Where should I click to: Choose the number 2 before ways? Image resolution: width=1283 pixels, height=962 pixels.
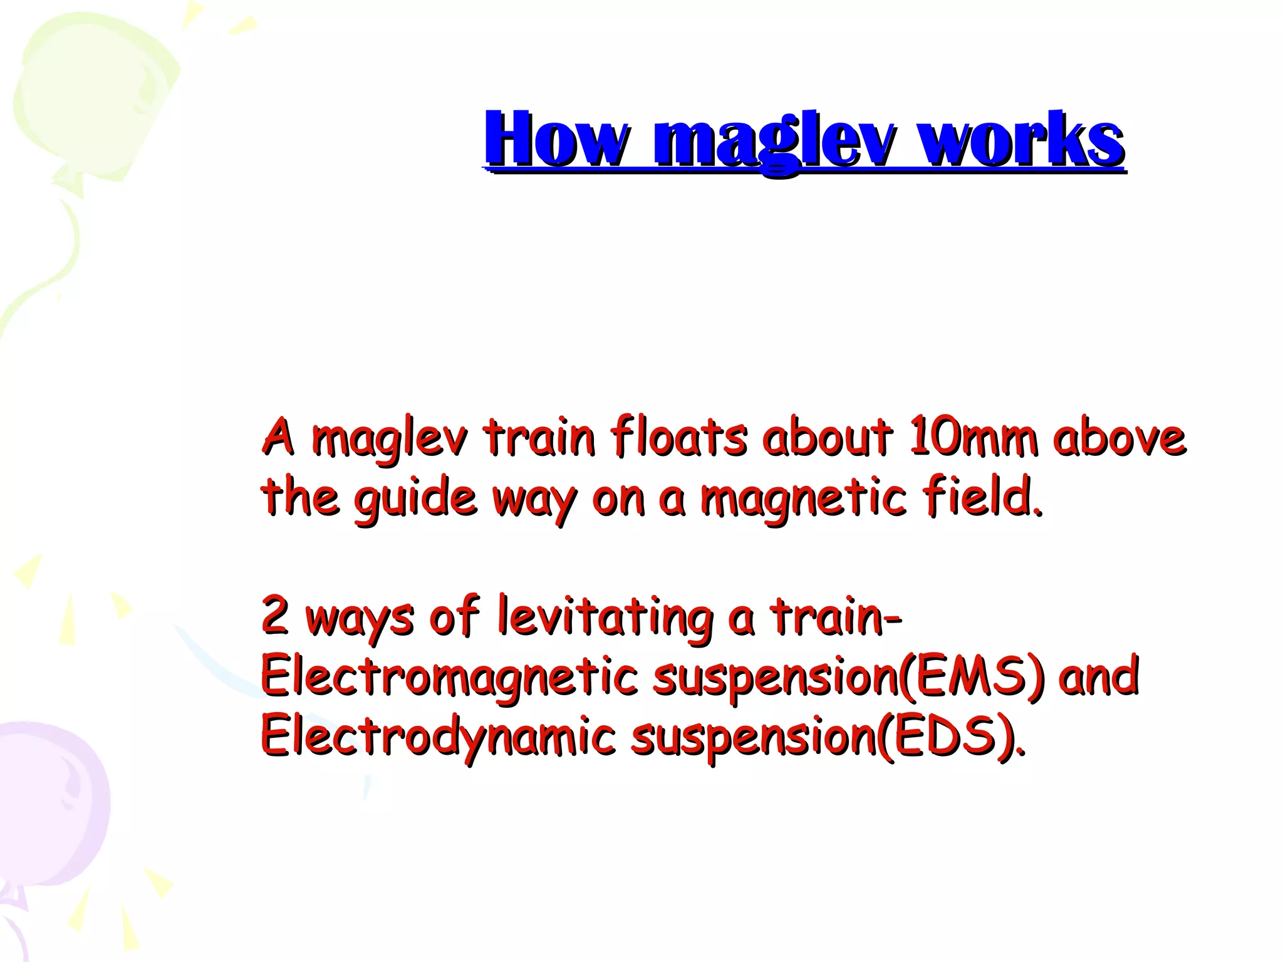click(x=274, y=616)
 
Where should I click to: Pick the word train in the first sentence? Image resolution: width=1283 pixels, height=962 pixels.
click(x=538, y=437)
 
